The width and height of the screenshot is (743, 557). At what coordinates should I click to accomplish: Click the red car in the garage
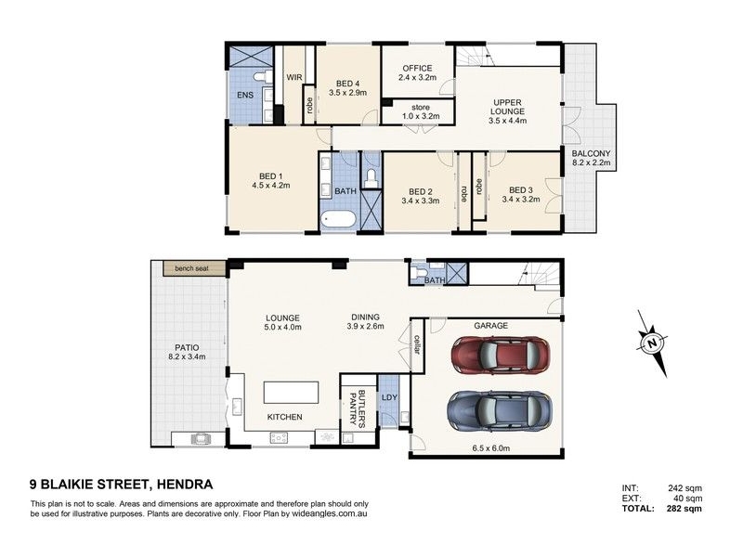pyautogui.click(x=501, y=355)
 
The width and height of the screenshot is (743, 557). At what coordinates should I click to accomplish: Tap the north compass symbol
pyautogui.click(x=653, y=343)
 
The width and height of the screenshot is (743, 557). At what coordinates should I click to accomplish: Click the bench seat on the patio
pyautogui.click(x=194, y=268)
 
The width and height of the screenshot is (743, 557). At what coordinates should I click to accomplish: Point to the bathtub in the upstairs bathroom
pyautogui.click(x=338, y=220)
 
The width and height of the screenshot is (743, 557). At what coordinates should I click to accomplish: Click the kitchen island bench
pyautogui.click(x=291, y=393)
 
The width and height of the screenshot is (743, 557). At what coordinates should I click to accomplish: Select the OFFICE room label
pyautogui.click(x=417, y=68)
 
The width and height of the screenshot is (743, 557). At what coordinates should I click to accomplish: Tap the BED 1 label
pyautogui.click(x=271, y=176)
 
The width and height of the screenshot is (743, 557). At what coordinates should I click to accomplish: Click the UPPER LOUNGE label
pyautogui.click(x=508, y=107)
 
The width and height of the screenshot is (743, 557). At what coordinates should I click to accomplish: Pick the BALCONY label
pyautogui.click(x=591, y=153)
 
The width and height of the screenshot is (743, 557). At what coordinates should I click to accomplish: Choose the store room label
pyautogui.click(x=421, y=108)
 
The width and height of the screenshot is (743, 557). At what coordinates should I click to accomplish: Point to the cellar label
pyautogui.click(x=417, y=344)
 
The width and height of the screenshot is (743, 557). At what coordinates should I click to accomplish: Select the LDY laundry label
pyautogui.click(x=389, y=397)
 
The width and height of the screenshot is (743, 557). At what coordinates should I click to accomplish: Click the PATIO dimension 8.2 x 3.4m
pyautogui.click(x=188, y=356)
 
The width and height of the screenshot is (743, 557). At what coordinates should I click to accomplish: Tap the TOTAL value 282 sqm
pyautogui.click(x=684, y=509)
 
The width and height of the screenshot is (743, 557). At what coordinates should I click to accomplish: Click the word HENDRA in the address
pyautogui.click(x=185, y=485)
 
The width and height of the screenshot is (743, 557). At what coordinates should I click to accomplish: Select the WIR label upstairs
pyautogui.click(x=294, y=77)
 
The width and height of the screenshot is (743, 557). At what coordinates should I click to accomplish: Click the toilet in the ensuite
pyautogui.click(x=262, y=76)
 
